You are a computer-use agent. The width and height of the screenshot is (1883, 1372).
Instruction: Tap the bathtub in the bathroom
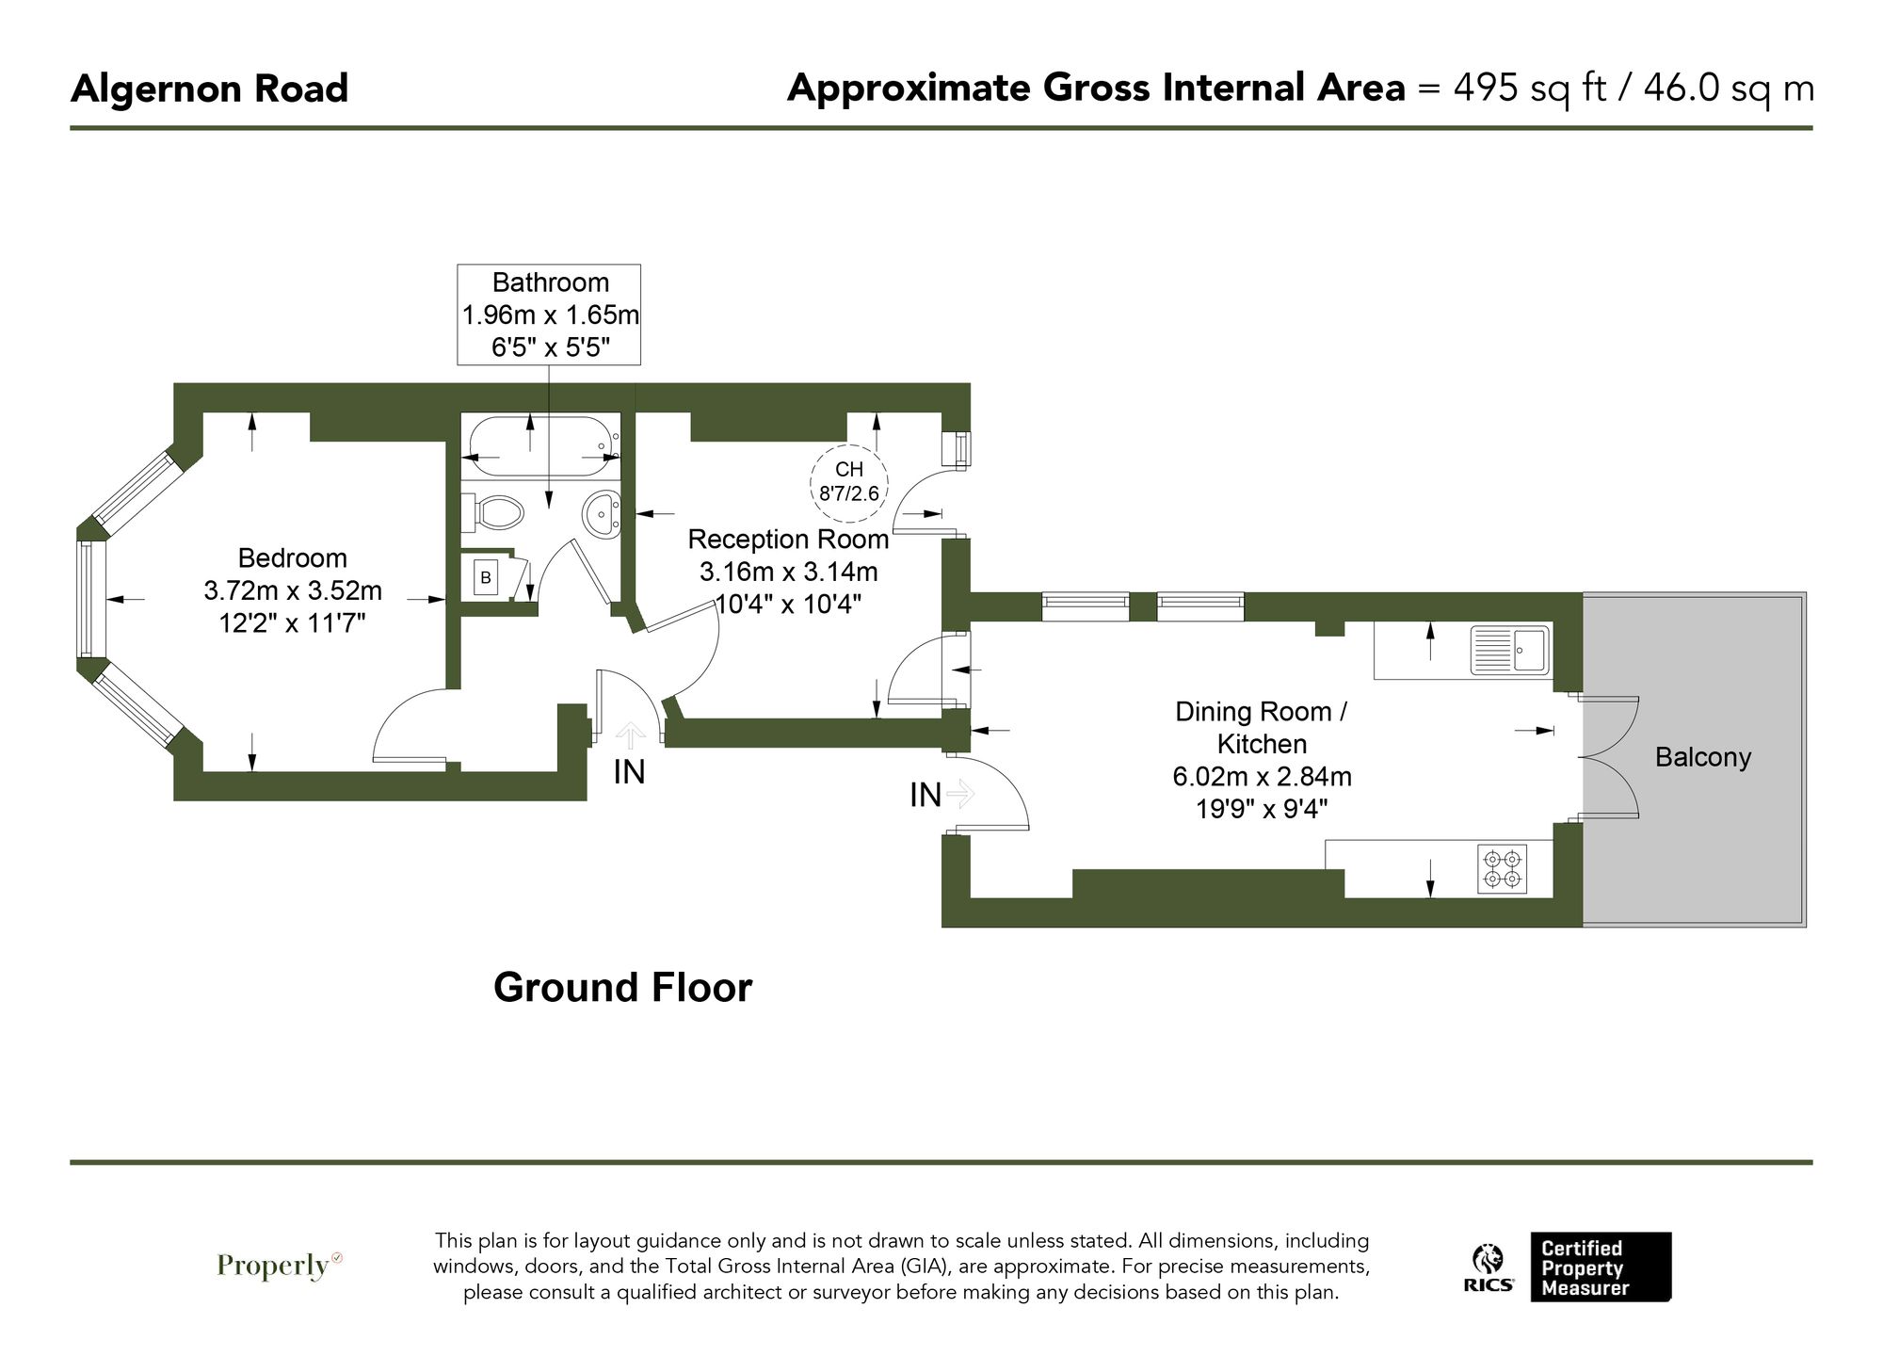point(540,445)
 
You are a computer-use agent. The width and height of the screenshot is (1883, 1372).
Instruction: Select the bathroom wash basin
point(602,514)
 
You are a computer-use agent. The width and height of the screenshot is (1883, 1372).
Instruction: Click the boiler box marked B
point(486,577)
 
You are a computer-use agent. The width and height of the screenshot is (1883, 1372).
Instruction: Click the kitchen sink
point(1510,651)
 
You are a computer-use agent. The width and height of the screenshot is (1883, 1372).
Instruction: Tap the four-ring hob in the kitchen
point(1502,868)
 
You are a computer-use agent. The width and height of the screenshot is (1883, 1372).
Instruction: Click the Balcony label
point(1702,757)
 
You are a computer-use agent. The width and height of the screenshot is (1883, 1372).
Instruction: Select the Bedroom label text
point(292,558)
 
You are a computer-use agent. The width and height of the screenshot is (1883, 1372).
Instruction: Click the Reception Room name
point(788,540)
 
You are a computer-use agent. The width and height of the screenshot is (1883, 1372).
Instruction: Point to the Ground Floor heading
point(622,988)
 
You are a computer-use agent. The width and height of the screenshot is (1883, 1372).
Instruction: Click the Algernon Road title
point(209,89)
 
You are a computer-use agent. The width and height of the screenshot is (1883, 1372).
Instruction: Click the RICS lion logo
point(1489,1267)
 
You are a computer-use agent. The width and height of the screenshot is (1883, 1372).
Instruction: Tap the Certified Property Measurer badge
point(1600,1267)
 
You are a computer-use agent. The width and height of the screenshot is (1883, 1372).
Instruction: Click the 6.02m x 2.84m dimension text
point(1262,777)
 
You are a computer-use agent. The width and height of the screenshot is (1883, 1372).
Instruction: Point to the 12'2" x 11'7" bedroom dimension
point(292,622)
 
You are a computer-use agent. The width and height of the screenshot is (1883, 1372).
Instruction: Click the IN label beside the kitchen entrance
point(925,796)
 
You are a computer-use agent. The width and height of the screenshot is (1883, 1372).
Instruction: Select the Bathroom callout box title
point(550,282)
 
